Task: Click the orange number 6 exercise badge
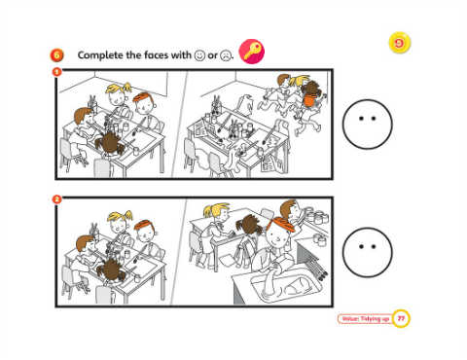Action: (56, 55)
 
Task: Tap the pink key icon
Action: (252, 52)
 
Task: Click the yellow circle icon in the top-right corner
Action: (400, 43)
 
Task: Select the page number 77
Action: (401, 319)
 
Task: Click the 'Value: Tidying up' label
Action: (365, 319)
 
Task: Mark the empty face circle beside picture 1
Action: (368, 125)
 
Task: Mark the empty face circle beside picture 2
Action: (368, 252)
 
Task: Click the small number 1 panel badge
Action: (56, 71)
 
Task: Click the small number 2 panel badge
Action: (56, 199)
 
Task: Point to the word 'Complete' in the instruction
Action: (100, 55)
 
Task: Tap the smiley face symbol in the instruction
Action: (199, 55)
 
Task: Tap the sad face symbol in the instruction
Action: (225, 55)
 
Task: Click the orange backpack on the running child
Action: (308, 99)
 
